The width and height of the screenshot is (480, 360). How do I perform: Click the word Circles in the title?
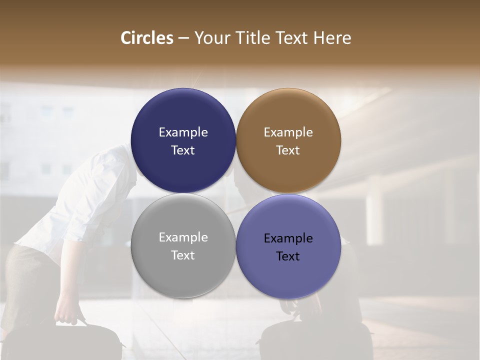click(x=147, y=38)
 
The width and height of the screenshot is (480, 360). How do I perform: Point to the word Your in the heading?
click(x=211, y=38)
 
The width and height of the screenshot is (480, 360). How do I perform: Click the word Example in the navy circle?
click(x=183, y=132)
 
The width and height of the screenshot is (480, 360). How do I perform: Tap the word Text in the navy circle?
click(x=183, y=150)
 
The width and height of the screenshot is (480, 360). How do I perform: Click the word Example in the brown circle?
click(x=288, y=132)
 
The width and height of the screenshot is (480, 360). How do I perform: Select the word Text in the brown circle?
click(x=288, y=150)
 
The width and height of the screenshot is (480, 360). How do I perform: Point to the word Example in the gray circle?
click(x=183, y=237)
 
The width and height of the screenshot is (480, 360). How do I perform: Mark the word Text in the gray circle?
click(x=183, y=255)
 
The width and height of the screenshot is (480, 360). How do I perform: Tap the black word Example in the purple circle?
click(x=288, y=238)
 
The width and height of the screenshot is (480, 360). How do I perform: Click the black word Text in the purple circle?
click(x=288, y=256)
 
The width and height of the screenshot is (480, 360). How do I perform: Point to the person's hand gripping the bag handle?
click(x=68, y=315)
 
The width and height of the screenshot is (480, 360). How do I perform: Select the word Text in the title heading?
click(x=292, y=38)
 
